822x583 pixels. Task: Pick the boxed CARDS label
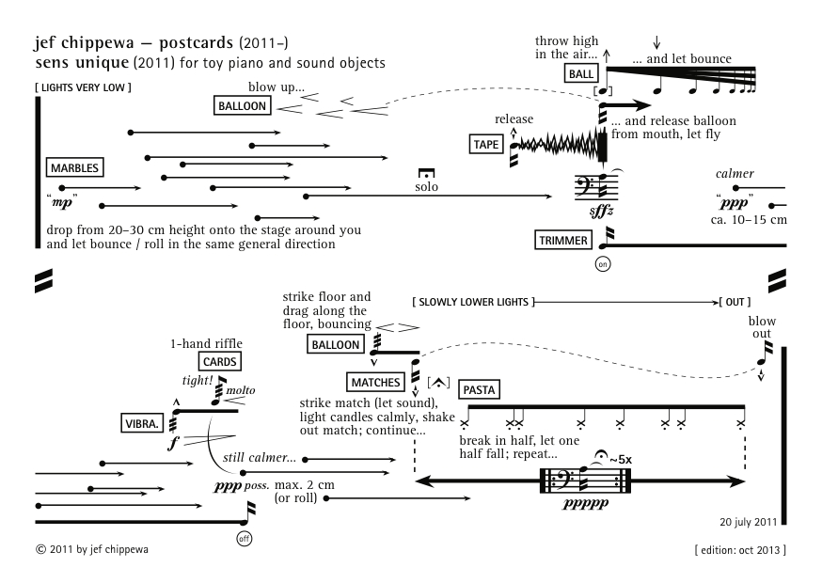click(220, 361)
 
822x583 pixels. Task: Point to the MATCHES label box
click(375, 382)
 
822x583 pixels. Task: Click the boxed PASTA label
click(481, 389)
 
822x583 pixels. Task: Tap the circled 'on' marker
click(604, 265)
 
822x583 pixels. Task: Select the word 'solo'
click(426, 187)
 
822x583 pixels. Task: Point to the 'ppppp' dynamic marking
click(584, 504)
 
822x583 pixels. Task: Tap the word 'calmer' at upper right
click(735, 174)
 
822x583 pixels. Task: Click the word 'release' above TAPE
click(514, 119)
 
